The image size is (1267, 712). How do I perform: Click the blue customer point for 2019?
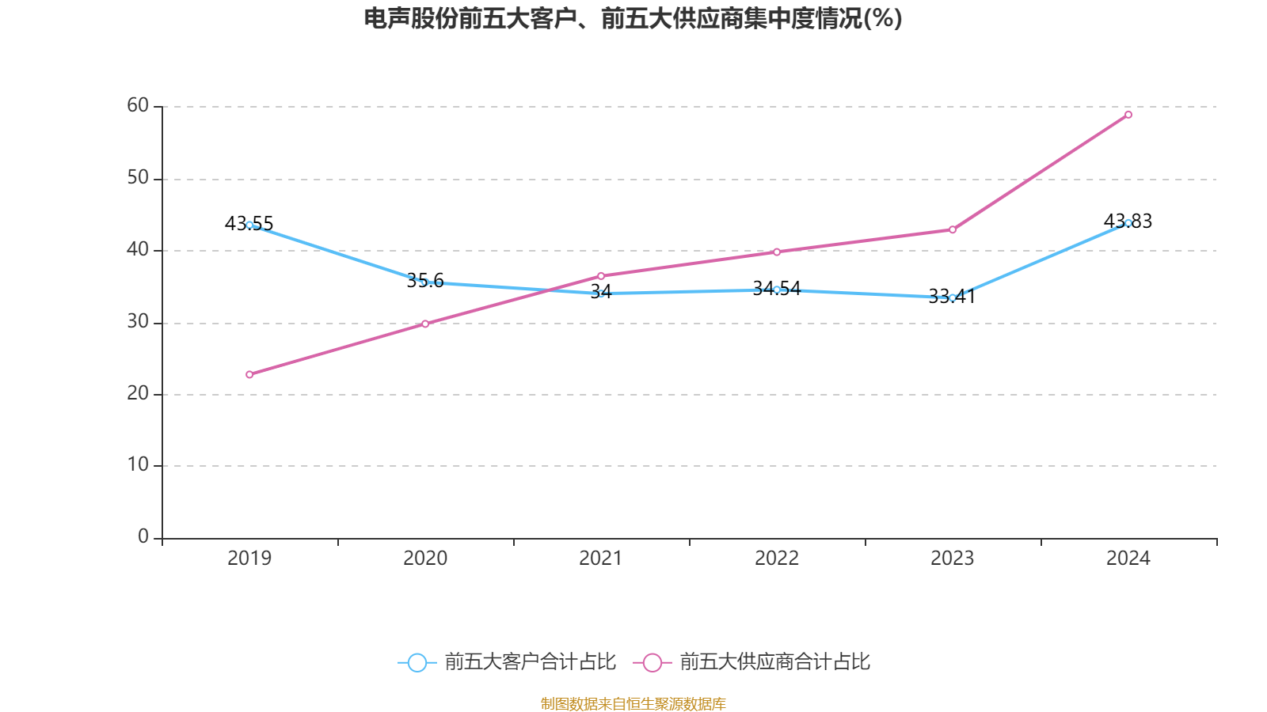coord(249,225)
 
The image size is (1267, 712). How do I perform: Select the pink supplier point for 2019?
coord(249,374)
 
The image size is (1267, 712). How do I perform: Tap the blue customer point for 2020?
coord(425,282)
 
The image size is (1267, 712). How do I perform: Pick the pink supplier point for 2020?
coord(425,324)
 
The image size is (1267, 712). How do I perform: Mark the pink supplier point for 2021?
coord(601,276)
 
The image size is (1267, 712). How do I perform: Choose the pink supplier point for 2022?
coord(777,252)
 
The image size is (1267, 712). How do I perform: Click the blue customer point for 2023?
coord(953,297)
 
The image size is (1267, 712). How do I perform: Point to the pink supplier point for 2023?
coord(953,229)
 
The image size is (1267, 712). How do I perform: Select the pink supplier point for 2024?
coord(1128,115)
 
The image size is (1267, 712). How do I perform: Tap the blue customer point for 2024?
coord(1128,222)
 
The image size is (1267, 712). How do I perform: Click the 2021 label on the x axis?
coord(601,559)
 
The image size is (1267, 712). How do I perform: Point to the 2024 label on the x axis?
coord(1128,559)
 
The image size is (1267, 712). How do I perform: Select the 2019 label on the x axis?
coord(249,559)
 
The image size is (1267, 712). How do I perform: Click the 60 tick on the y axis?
coord(138,105)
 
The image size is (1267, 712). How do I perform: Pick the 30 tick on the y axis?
coord(138,321)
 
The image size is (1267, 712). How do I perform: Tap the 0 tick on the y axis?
coord(143,536)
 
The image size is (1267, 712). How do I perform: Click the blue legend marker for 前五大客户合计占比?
coord(417,662)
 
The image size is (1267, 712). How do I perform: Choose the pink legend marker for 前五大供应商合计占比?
coord(653,662)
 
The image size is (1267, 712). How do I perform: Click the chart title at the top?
coord(633,18)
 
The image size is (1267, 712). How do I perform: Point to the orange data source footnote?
coord(633,703)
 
